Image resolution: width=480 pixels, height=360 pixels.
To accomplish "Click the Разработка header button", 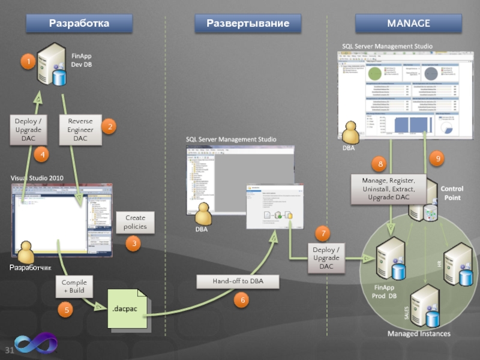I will point(79,23).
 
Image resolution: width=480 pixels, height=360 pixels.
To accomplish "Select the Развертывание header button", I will point(248,23).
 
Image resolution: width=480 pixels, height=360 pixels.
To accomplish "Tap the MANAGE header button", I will point(409,23).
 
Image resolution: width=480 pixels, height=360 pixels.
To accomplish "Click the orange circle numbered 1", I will point(26,62).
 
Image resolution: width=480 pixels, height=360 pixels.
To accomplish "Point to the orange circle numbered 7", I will point(323,233).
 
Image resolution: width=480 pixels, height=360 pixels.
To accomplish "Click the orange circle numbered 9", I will point(438,158).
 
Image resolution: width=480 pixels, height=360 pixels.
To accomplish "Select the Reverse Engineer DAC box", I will point(80,130).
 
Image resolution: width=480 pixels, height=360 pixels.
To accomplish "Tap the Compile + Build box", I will point(74,287).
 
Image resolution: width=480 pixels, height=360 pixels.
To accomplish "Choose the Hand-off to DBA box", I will point(238,281).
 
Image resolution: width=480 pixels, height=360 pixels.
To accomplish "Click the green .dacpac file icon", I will point(127,308).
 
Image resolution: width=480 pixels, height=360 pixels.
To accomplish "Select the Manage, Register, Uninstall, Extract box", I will point(389,189).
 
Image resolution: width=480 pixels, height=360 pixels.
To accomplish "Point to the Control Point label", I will point(452,193).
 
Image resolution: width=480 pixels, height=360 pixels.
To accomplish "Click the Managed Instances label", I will point(418,333).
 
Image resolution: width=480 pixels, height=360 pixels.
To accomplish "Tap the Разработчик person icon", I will point(26,252).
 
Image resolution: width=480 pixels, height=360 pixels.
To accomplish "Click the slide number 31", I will point(10,350).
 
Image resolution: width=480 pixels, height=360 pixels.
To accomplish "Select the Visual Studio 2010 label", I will point(37,178).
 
